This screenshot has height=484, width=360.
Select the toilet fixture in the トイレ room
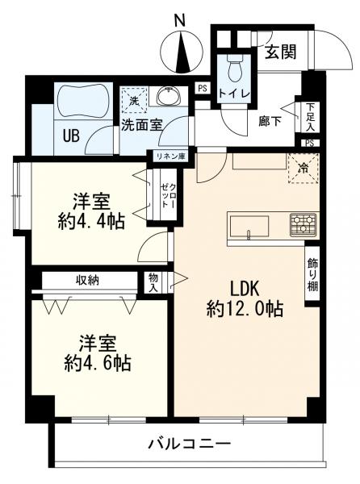point(235,71)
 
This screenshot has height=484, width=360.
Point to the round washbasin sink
point(168,99)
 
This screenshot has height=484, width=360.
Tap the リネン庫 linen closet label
point(171,157)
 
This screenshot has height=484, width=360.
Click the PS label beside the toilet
point(202,89)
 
